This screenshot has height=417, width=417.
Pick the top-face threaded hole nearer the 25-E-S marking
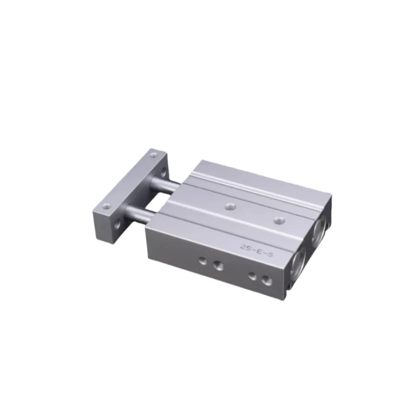pos(279,220)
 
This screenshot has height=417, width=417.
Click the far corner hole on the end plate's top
pos(153,155)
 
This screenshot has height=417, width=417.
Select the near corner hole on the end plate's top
pos(107,206)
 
